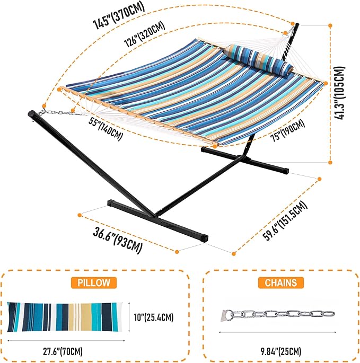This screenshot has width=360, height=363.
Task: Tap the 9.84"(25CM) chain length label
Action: [x=282, y=351]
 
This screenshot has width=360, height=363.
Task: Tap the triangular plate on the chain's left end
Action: [x=225, y=314]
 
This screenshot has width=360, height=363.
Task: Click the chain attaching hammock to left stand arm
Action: [x=56, y=112]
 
